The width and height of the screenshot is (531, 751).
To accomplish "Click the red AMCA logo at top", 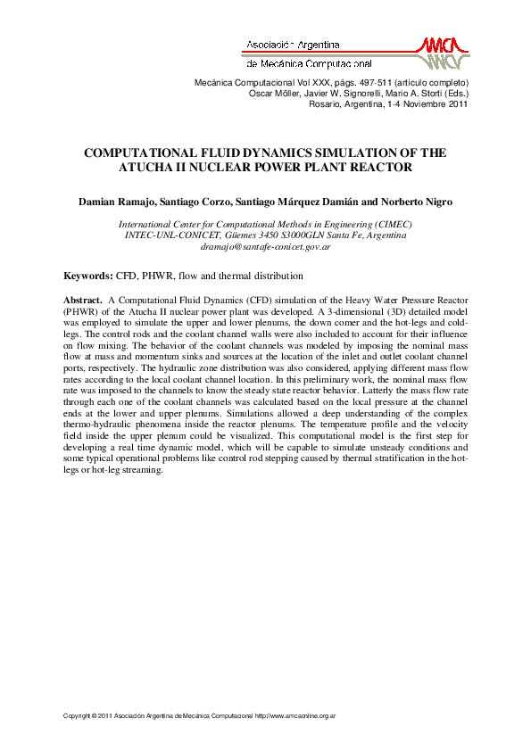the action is [442, 52].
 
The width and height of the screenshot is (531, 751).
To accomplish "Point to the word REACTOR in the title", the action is [382, 167].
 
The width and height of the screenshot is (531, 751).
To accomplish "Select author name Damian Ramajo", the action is [111, 202].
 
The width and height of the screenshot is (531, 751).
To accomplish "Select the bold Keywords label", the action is [87, 276].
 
